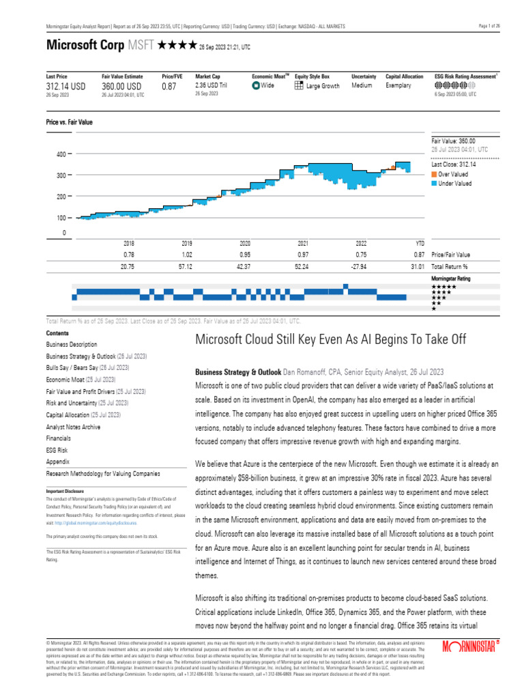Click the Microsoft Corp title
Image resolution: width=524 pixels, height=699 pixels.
pyautogui.click(x=83, y=46)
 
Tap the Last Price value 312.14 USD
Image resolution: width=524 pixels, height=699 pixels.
pyautogui.click(x=67, y=87)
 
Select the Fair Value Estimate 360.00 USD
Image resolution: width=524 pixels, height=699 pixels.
pyautogui.click(x=121, y=87)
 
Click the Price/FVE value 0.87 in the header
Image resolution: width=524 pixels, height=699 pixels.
pyautogui.click(x=169, y=87)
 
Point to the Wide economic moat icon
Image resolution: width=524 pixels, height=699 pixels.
pyautogui.click(x=256, y=86)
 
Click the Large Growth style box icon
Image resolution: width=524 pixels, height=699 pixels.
pyautogui.click(x=299, y=86)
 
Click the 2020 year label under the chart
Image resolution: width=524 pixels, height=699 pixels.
pyautogui.click(x=245, y=243)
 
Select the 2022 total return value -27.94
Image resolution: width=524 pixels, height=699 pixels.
pyautogui.click(x=362, y=266)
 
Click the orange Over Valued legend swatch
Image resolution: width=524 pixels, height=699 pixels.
pyautogui.click(x=434, y=174)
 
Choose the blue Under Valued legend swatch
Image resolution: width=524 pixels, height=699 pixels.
pyautogui.click(x=434, y=183)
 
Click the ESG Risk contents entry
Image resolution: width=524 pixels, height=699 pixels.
pyautogui.click(x=58, y=451)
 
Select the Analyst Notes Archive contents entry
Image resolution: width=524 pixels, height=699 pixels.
pyautogui.click(x=73, y=427)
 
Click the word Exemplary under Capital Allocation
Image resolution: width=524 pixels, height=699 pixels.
pyautogui.click(x=398, y=86)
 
